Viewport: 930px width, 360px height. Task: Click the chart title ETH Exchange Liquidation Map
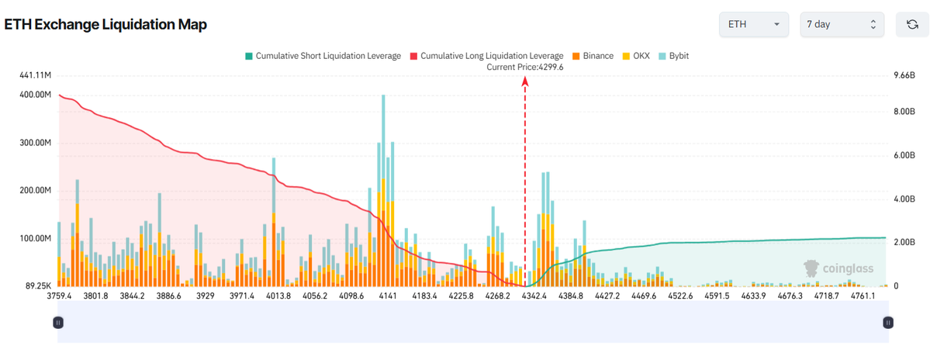(x=105, y=25)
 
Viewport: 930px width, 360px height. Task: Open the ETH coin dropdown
(x=753, y=25)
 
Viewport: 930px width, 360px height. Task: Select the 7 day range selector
(x=841, y=25)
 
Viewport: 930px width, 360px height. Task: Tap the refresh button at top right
(x=912, y=25)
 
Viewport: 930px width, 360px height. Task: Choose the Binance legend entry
(x=593, y=56)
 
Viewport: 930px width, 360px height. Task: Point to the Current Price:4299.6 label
(x=524, y=67)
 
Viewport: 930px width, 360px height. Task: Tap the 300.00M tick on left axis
(x=32, y=144)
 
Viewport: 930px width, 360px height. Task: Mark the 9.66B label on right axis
(x=904, y=75)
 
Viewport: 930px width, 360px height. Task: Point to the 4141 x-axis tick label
(x=387, y=296)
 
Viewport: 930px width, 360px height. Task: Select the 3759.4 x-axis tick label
(x=59, y=296)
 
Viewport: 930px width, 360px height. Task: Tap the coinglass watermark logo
(x=838, y=268)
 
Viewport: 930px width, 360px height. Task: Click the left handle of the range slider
(x=57, y=322)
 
